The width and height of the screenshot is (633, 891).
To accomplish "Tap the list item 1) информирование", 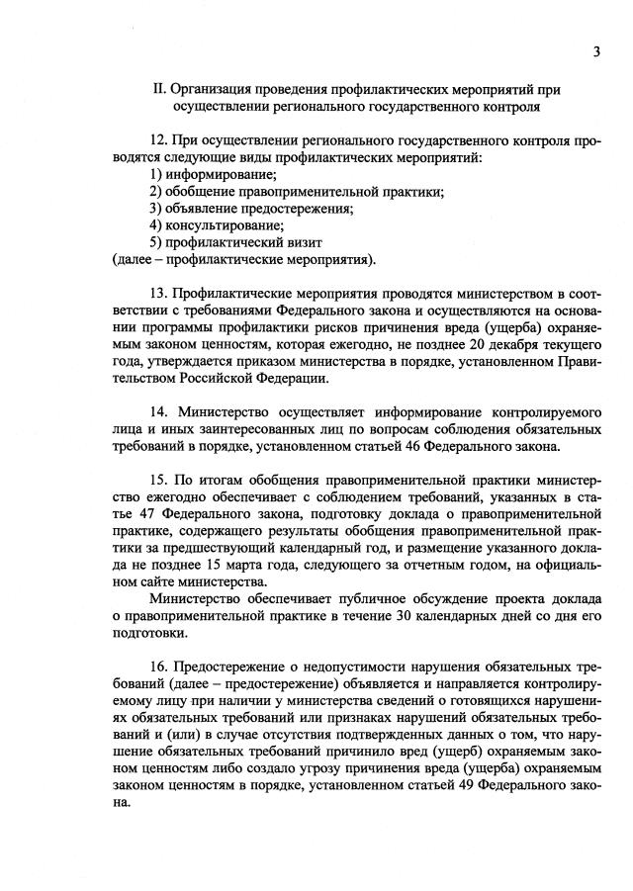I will click(x=199, y=174).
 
